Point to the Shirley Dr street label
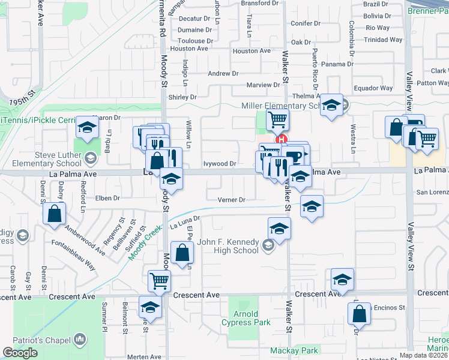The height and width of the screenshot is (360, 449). tap(182, 97)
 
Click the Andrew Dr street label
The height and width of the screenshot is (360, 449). tap(223, 73)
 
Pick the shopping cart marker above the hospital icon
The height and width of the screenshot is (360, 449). tap(277, 119)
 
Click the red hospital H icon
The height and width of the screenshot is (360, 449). tap(280, 139)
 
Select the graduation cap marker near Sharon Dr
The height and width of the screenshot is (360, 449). tap(87, 128)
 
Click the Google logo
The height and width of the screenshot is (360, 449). tap(20, 353)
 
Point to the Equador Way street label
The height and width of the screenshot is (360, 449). tap(373, 88)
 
